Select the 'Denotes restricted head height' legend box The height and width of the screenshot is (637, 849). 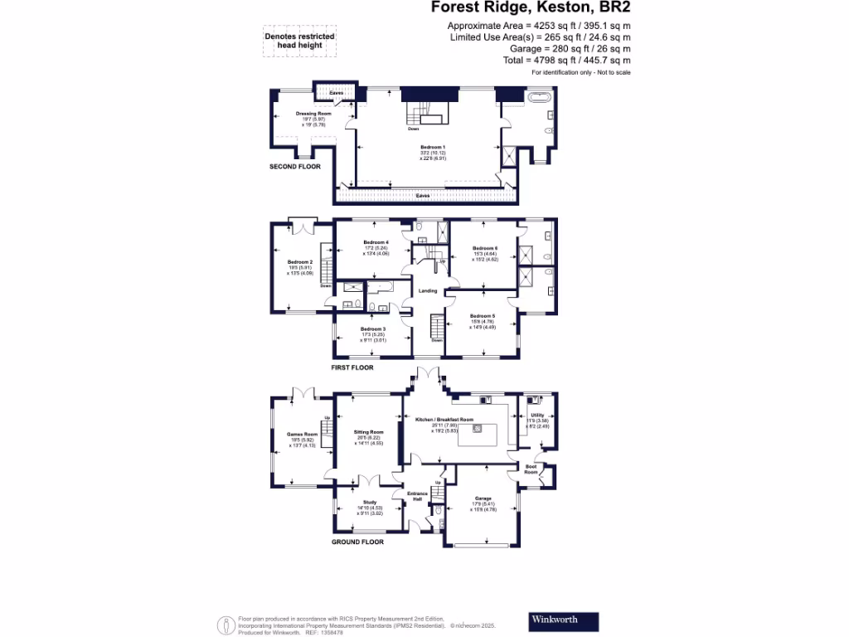tap(299, 42)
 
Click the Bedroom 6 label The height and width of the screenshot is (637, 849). tap(485, 248)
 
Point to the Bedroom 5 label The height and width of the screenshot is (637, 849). tap(482, 316)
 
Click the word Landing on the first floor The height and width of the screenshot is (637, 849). tap(428, 291)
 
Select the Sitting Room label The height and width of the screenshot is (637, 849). tap(369, 432)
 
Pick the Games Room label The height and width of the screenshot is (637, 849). tap(302, 434)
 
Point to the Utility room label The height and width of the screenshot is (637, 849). tap(537, 415)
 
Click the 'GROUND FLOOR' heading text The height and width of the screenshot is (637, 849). tap(357, 542)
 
